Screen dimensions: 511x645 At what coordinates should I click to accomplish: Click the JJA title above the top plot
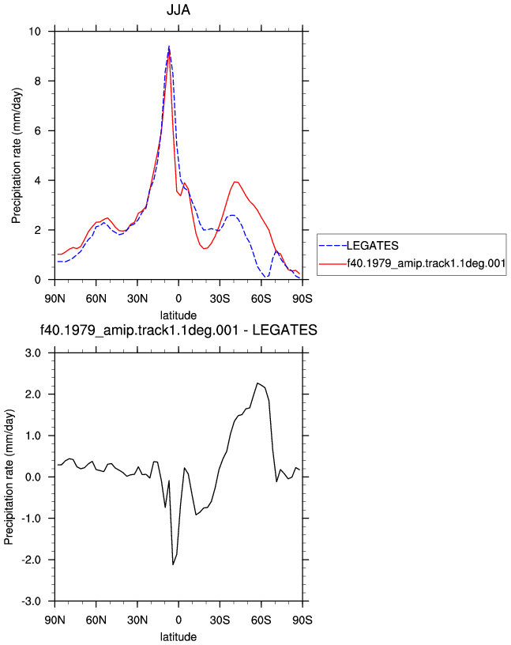click(x=178, y=9)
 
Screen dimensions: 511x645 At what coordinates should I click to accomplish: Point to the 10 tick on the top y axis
click(x=35, y=32)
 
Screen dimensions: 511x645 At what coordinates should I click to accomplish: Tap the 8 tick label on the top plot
click(x=38, y=81)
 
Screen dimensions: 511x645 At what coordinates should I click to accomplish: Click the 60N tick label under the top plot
click(x=96, y=299)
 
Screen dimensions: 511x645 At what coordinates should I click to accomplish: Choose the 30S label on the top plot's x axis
click(x=220, y=299)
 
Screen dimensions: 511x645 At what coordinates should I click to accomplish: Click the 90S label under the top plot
click(x=302, y=299)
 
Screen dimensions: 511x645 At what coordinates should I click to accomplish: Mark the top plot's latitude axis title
click(x=178, y=315)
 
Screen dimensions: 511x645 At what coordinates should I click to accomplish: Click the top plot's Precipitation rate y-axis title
click(x=16, y=156)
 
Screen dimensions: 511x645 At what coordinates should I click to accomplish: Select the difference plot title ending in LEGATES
click(x=178, y=330)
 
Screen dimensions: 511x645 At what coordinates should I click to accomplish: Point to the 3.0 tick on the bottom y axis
click(x=33, y=353)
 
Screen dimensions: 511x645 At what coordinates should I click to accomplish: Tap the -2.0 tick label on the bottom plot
click(x=32, y=560)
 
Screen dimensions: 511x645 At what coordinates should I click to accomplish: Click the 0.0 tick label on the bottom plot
click(x=33, y=477)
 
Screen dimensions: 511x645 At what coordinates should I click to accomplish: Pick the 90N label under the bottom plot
click(x=54, y=620)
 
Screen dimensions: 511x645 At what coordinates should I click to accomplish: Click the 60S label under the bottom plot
click(x=261, y=620)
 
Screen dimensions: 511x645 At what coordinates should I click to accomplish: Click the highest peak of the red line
click(x=169, y=50)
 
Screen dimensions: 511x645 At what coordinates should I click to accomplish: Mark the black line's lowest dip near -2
click(x=173, y=564)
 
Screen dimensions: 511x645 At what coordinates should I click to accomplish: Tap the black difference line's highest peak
click(x=257, y=383)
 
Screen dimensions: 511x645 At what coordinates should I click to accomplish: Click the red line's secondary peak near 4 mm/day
click(x=235, y=182)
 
